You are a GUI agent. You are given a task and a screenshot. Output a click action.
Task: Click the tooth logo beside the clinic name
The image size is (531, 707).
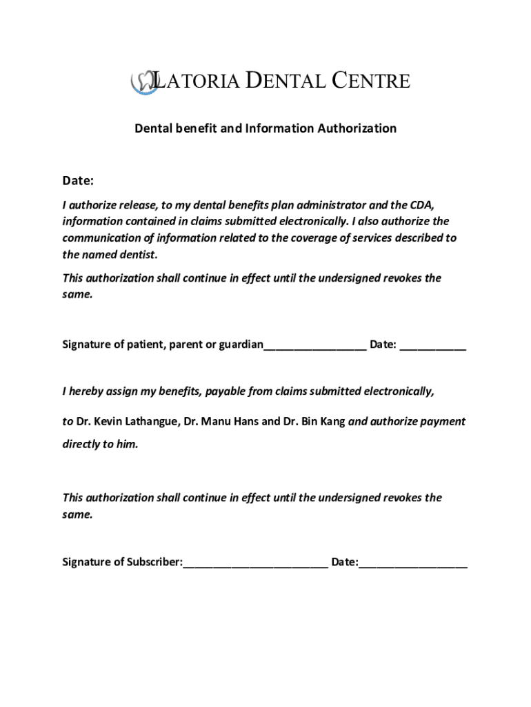click(x=142, y=81)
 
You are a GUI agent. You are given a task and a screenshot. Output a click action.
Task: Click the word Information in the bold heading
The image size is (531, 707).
click(x=279, y=128)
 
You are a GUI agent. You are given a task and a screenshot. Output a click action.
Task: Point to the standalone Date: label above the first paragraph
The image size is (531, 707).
click(x=78, y=181)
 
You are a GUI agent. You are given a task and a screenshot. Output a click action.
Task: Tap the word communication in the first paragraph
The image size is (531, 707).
click(x=102, y=238)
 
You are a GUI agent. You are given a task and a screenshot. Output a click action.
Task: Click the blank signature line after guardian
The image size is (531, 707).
click(x=315, y=347)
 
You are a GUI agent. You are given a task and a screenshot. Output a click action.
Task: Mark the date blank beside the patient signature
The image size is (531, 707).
click(x=433, y=347)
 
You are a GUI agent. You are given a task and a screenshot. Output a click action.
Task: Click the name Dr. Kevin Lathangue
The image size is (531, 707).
click(x=127, y=421)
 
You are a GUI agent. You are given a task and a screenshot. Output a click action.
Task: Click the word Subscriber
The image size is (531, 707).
click(x=153, y=562)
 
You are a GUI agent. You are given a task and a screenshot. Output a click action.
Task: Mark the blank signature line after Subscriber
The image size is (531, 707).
click(x=255, y=564)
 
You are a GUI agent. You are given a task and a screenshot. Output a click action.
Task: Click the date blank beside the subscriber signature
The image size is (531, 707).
click(x=413, y=564)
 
